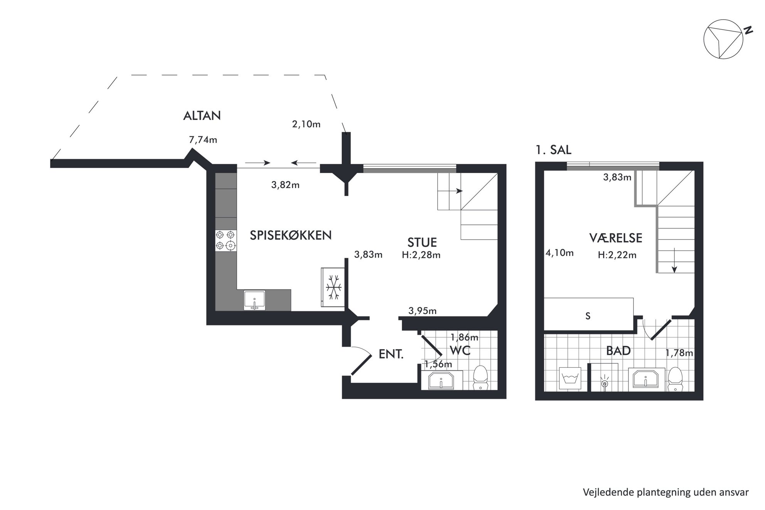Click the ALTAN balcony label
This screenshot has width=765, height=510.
click(202, 116)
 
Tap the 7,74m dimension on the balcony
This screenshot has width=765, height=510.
click(203, 140)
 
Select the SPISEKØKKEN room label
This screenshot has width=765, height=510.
click(291, 235)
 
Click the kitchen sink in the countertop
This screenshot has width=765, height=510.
click(254, 300)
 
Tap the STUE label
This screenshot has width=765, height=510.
click(422, 242)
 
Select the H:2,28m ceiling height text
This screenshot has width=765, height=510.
click(421, 255)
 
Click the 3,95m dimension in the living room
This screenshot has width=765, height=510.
click(423, 311)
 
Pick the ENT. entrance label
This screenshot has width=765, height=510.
click(391, 354)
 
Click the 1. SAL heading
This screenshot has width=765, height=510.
click(553, 150)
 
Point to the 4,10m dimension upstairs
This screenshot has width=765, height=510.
click(559, 253)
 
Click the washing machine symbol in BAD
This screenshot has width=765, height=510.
click(570, 378)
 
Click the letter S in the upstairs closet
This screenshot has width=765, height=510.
click(588, 316)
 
